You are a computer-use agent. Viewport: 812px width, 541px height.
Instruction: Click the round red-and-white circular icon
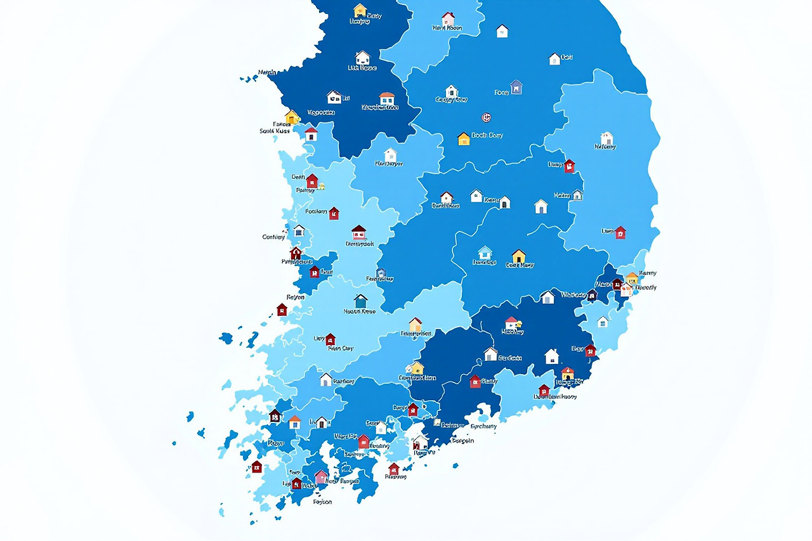click(x=487, y=117)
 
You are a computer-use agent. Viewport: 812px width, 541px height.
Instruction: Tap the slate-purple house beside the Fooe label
click(x=516, y=87)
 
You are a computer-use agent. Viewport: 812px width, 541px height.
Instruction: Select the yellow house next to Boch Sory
click(x=464, y=138)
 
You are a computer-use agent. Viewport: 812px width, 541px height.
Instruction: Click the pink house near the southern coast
click(x=322, y=476)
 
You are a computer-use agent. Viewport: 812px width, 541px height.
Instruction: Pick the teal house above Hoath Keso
click(x=360, y=301)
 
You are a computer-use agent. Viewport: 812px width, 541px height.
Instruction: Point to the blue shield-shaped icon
click(x=381, y=273)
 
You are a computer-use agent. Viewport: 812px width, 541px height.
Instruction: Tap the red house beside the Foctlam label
click(x=334, y=213)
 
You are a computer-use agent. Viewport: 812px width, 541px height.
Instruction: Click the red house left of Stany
click(x=475, y=381)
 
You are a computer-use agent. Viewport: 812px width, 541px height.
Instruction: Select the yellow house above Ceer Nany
click(x=519, y=256)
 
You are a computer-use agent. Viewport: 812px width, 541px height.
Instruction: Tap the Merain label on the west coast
click(x=267, y=72)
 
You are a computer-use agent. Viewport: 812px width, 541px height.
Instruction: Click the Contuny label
click(x=273, y=237)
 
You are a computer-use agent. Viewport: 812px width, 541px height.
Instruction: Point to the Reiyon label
click(x=296, y=297)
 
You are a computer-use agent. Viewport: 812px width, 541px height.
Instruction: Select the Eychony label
click(x=484, y=426)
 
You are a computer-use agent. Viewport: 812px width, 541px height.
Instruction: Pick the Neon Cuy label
click(x=341, y=348)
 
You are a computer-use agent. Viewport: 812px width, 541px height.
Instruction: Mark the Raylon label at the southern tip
click(x=322, y=502)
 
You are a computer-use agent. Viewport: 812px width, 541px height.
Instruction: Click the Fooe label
click(x=501, y=93)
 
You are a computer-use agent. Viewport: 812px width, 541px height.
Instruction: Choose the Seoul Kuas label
click(x=275, y=131)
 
